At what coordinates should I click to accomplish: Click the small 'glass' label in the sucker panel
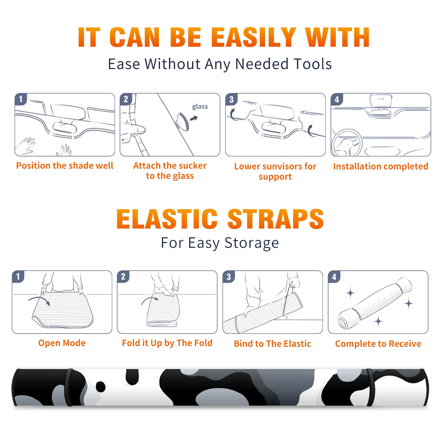pyautogui.click(x=200, y=106)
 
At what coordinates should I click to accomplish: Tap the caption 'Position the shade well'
pyautogui.click(x=65, y=166)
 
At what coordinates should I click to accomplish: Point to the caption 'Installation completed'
pyautogui.click(x=381, y=166)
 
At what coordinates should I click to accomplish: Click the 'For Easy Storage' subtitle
pyautogui.click(x=220, y=243)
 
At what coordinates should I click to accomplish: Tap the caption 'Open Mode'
pyautogui.click(x=62, y=343)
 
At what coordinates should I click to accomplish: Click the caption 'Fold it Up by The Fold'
pyautogui.click(x=167, y=343)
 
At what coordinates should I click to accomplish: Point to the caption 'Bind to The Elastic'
pyautogui.click(x=273, y=344)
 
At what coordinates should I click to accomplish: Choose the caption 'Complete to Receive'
pyautogui.click(x=378, y=344)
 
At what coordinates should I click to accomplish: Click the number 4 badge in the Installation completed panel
pyautogui.click(x=337, y=99)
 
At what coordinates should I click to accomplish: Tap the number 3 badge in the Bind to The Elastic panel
pyautogui.click(x=229, y=277)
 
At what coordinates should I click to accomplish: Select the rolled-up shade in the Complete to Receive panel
pyautogui.click(x=375, y=303)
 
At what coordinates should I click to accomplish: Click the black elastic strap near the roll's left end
pyautogui.click(x=69, y=387)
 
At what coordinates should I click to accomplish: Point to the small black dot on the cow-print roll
pyautogui.click(x=101, y=387)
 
